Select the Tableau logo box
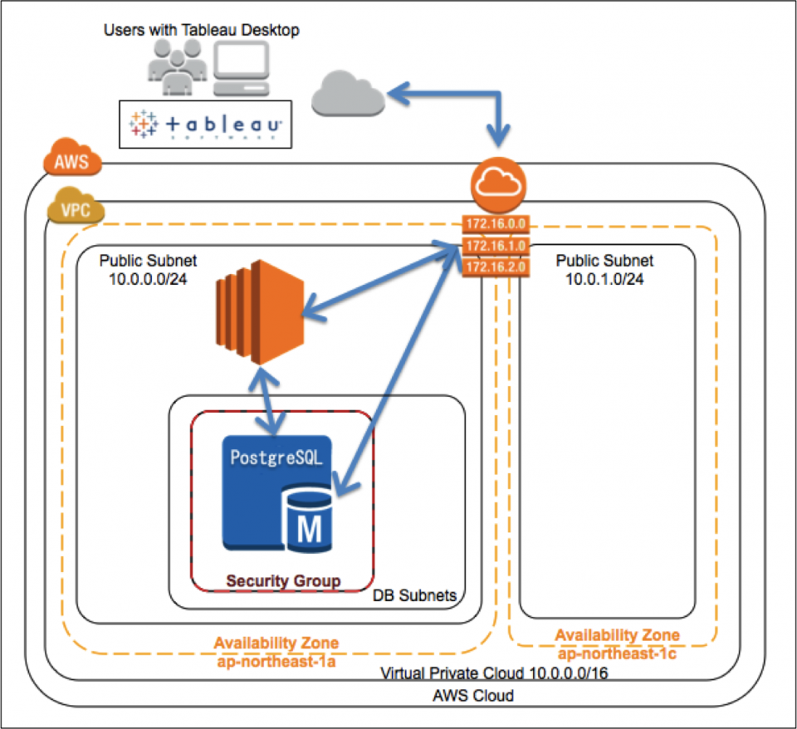(x=205, y=125)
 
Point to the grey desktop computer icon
(x=241, y=70)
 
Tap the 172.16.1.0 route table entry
(x=495, y=247)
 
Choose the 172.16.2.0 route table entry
(x=495, y=267)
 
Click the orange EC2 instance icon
(x=259, y=312)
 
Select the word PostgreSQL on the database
(x=276, y=457)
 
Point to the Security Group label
(x=284, y=580)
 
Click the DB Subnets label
(x=415, y=597)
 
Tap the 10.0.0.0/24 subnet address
(x=148, y=279)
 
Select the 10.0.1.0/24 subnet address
(x=604, y=279)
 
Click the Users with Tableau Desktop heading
(x=201, y=31)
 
